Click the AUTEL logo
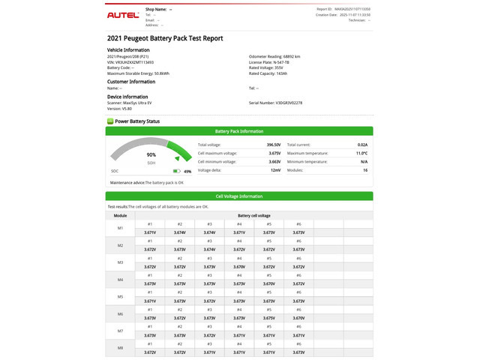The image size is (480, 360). point(122,14)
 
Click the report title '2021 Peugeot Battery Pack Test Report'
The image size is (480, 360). point(165,38)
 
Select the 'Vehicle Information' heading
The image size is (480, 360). point(129,50)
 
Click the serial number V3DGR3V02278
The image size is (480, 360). point(289,103)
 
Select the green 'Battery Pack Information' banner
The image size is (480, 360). point(239,130)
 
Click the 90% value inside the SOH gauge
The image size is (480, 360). point(151,154)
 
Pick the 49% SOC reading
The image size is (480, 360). point(187,171)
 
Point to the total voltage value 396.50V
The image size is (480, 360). point(273,145)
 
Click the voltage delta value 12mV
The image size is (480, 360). point(275,170)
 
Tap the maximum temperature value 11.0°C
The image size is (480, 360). point(361,153)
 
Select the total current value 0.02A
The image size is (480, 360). point(362,145)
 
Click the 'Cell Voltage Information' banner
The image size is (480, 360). point(239,196)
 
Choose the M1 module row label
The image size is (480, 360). point(120,228)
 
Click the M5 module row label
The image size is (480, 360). point(120,297)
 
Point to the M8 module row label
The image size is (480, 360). point(120,349)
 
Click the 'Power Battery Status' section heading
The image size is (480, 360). point(136,121)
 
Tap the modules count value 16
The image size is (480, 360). point(365,170)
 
